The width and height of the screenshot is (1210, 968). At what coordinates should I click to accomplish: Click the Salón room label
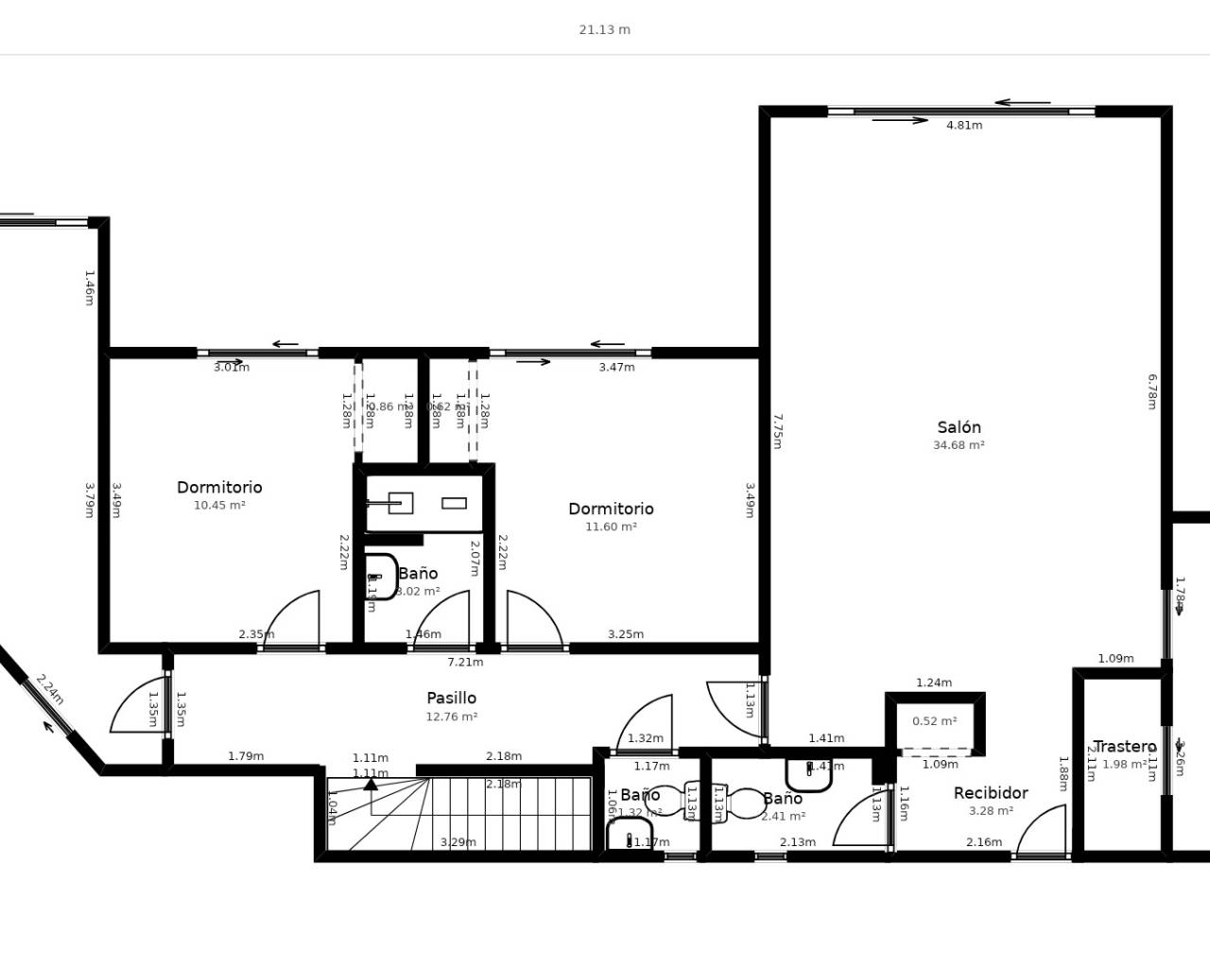[959, 427]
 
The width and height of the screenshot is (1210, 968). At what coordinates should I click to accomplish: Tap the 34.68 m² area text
[959, 445]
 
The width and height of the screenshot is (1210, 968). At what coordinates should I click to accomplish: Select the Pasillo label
[451, 698]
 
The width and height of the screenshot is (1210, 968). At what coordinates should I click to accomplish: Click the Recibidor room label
[991, 793]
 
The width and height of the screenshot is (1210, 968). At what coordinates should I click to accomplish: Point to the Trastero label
[1124, 747]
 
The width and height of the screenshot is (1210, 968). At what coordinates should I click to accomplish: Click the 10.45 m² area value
[219, 506]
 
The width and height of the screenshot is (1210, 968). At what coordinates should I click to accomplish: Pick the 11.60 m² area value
[611, 527]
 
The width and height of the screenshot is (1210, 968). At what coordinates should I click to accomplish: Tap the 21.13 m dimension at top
[604, 29]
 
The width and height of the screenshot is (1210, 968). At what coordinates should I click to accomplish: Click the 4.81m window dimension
[964, 125]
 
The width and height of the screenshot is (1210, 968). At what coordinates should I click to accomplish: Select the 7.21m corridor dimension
[465, 662]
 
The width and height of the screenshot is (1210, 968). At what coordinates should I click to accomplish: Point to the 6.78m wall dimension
[1151, 391]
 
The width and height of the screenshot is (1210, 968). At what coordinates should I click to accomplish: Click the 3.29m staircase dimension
[458, 842]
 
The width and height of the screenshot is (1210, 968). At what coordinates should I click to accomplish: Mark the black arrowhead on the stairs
[371, 784]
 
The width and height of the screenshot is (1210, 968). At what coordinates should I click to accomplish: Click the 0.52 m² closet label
[934, 721]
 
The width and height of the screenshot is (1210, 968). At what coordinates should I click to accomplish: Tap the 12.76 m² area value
[451, 717]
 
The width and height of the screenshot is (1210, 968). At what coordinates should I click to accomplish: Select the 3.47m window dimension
[616, 367]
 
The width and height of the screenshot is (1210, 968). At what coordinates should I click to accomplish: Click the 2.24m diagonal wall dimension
[49, 689]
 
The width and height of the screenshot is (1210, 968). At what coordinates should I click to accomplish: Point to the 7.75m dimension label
[777, 430]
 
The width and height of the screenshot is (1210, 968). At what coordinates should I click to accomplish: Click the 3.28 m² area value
[991, 811]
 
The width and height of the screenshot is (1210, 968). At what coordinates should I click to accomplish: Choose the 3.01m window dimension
[232, 367]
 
